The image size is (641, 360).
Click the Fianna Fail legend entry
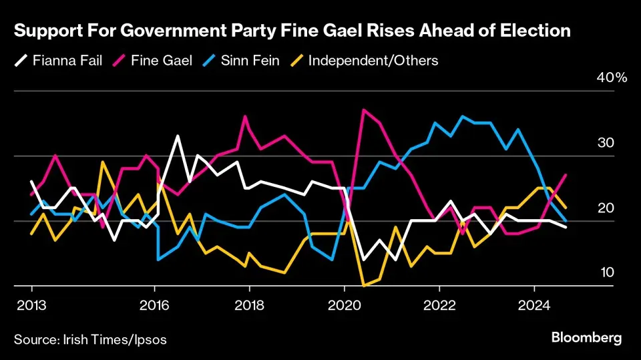coord(59,61)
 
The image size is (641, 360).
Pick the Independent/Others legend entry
coord(365,61)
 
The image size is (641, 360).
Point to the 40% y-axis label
coord(611,78)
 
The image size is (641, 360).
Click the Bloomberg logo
coord(586,338)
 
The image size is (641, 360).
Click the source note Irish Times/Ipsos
coord(90,339)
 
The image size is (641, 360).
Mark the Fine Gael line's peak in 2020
coord(363,110)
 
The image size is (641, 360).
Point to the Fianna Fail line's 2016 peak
coord(178,136)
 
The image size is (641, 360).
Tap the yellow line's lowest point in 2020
coord(364,285)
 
